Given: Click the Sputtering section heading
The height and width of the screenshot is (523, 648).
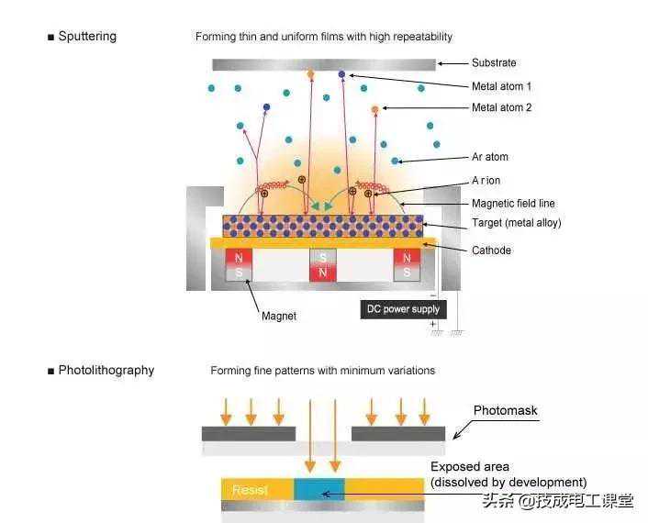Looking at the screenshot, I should click(x=86, y=37).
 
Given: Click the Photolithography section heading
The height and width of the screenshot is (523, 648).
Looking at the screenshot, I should click(x=106, y=371).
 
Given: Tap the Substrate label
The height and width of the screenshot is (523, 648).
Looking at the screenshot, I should click(x=494, y=63).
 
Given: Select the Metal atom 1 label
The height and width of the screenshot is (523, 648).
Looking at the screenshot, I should click(x=501, y=86).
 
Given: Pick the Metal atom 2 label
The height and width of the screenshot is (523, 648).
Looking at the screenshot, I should click(x=501, y=107).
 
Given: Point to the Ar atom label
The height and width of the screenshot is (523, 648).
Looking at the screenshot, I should click(x=490, y=157).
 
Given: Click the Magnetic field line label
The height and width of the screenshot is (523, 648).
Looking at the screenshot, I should click(x=513, y=203).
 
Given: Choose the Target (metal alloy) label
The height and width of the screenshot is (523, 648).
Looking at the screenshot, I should click(x=516, y=223).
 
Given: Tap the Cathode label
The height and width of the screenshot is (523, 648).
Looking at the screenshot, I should click(x=491, y=250).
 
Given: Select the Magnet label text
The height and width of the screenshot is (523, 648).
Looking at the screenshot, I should click(x=279, y=316).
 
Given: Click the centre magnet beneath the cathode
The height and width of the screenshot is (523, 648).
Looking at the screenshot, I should click(x=321, y=265).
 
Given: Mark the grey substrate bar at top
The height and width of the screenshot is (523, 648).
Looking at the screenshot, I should click(x=323, y=64).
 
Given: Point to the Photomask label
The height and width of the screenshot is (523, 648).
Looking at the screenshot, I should click(x=505, y=410).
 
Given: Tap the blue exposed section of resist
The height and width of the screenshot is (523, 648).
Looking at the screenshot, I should click(x=318, y=488).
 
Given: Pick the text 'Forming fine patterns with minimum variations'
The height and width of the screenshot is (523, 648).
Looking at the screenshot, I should click(x=322, y=371).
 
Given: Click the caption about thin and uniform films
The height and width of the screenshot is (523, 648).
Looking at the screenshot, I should click(x=324, y=37).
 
